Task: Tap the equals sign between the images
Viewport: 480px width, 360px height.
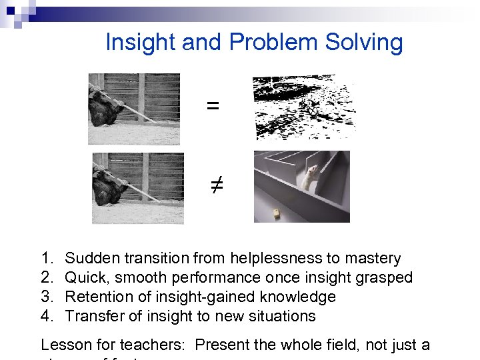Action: pos(213,105)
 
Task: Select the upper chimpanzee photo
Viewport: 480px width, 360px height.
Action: pos(134,109)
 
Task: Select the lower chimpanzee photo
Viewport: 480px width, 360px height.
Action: pos(138,188)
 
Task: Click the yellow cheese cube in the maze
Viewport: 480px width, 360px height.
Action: pos(274,213)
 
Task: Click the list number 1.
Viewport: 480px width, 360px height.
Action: pos(46,259)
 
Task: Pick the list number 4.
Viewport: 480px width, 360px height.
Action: pos(46,316)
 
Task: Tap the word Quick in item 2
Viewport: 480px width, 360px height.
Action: pos(84,278)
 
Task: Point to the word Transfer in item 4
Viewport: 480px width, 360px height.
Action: pos(92,316)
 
